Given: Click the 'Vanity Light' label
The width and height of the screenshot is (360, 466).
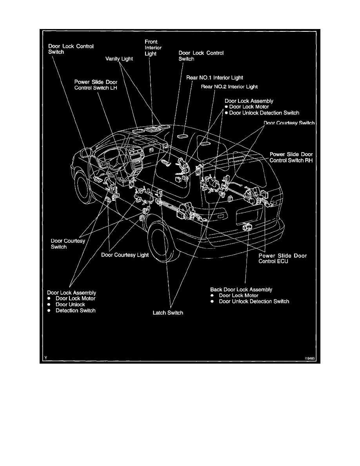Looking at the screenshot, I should pyautogui.click(x=120, y=59).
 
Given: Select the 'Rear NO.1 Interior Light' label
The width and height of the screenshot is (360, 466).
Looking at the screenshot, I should pyautogui.click(x=215, y=78).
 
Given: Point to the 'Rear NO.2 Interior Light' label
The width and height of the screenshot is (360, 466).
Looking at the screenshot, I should pyautogui.click(x=229, y=87).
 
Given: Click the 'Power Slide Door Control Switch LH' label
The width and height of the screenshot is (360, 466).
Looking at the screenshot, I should pyautogui.click(x=96, y=85).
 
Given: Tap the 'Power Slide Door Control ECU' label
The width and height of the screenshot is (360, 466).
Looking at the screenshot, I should pyautogui.click(x=282, y=258).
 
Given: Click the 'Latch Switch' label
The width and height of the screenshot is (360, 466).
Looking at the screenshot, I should pyautogui.click(x=168, y=313).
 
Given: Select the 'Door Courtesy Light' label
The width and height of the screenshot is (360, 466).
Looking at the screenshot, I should pyautogui.click(x=125, y=255).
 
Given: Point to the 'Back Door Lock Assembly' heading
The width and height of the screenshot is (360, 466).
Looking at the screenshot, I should pyautogui.click(x=241, y=289).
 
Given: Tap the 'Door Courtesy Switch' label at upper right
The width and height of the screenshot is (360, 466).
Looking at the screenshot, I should pyautogui.click(x=289, y=123).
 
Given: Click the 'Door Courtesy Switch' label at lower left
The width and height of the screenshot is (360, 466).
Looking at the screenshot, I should pyautogui.click(x=68, y=244).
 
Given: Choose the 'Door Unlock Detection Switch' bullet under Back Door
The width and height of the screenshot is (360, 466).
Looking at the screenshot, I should pyautogui.click(x=254, y=302).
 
